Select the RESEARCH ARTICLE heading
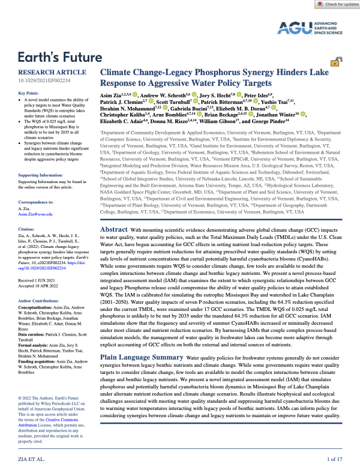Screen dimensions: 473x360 [46, 72]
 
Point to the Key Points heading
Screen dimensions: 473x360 [31, 94]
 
